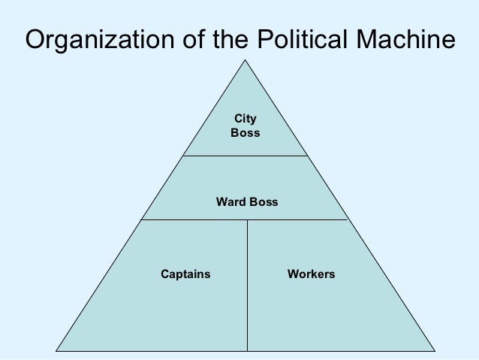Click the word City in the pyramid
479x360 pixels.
[x=246, y=119]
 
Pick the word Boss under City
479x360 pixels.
[x=246, y=132]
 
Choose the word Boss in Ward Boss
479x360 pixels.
[x=263, y=202]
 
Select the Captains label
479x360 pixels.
[x=185, y=274]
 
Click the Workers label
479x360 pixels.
[x=311, y=274]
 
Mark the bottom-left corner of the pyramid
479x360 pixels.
[x=57, y=350]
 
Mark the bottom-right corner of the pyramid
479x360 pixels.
[x=435, y=350]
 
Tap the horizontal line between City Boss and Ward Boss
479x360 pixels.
[x=246, y=156]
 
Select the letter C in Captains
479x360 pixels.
[x=165, y=274]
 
